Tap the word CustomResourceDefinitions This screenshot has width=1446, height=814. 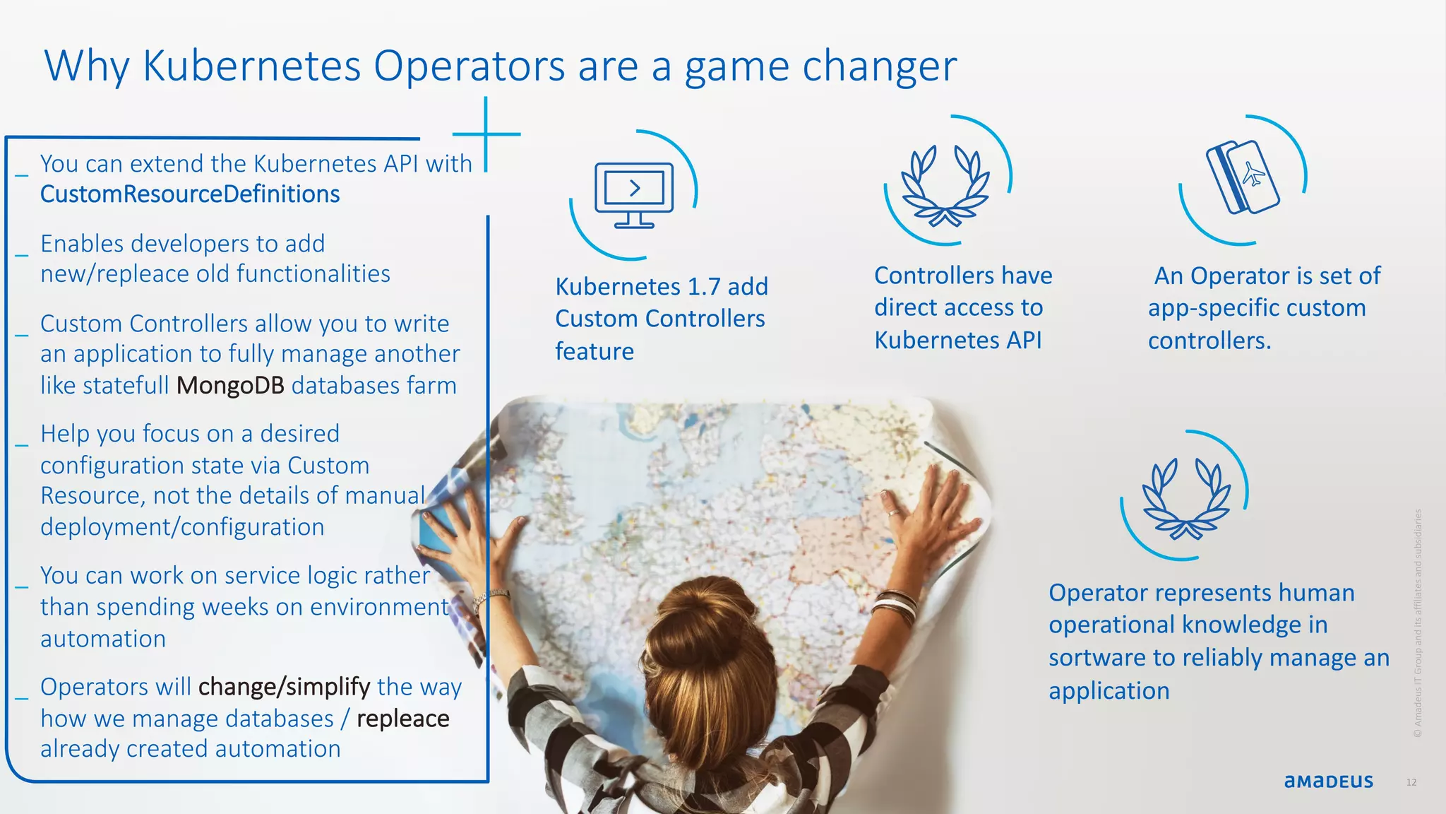[190, 194]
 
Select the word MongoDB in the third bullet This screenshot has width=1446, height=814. [230, 386]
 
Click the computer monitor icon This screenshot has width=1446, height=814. [634, 194]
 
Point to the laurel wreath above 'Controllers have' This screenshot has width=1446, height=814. [945, 185]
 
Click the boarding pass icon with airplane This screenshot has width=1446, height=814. [1243, 177]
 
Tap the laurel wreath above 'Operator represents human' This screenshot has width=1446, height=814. [1186, 498]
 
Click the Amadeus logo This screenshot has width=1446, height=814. [1328, 781]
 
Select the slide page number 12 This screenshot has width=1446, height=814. [1411, 782]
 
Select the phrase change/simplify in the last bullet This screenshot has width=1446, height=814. [284, 687]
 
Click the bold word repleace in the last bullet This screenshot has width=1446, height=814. [402, 719]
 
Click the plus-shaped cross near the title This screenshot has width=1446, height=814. [486, 134]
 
